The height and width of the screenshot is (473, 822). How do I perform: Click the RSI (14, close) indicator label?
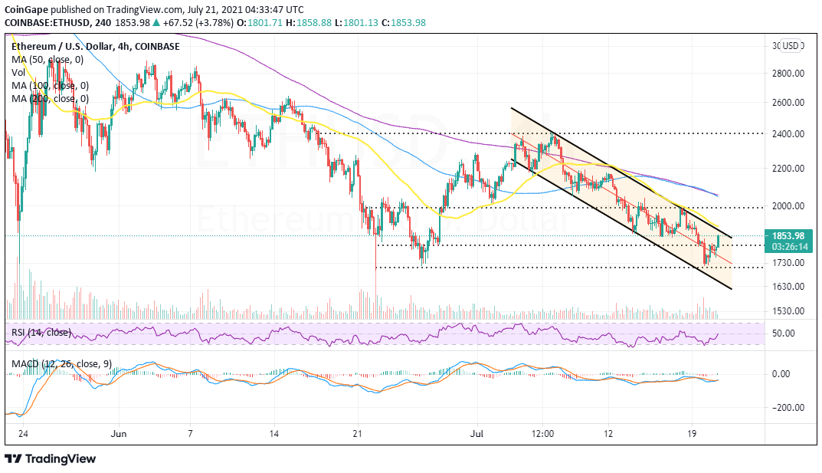pyautogui.click(x=41, y=333)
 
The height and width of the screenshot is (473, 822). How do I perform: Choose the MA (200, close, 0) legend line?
pyautogui.click(x=50, y=98)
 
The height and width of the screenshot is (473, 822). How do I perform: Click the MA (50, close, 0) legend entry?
pyautogui.click(x=47, y=60)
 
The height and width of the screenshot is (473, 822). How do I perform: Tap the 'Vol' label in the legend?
pyautogui.click(x=18, y=73)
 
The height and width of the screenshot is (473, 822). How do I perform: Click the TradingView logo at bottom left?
pyautogui.click(x=51, y=458)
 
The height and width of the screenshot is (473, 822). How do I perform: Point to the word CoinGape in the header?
pyautogui.click(x=26, y=9)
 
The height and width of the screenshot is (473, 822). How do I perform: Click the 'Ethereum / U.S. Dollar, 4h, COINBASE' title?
pyautogui.click(x=96, y=47)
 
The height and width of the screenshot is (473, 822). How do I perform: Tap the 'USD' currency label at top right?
pyautogui.click(x=790, y=46)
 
